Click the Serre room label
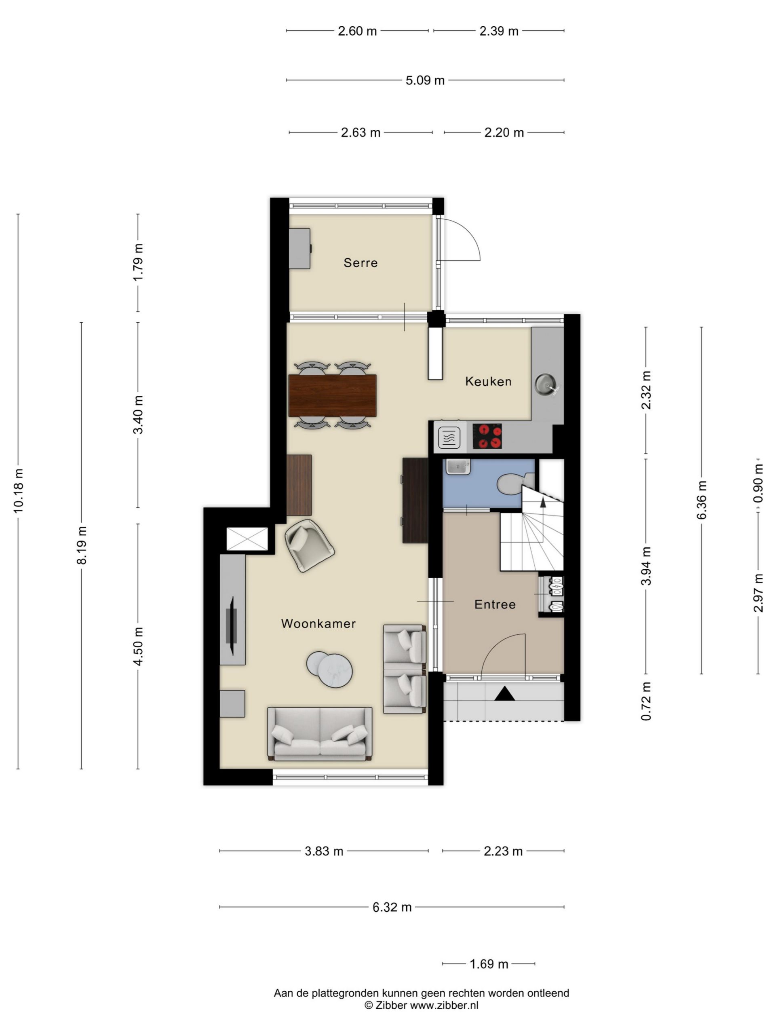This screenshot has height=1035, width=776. (x=360, y=262)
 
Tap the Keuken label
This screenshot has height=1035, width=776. (x=488, y=381)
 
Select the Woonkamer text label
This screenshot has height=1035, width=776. (x=318, y=623)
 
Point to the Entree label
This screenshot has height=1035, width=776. (x=495, y=604)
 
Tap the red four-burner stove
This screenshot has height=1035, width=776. (x=487, y=436)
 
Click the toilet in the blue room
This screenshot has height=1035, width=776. (x=515, y=484)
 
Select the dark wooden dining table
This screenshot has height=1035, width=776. (x=332, y=395)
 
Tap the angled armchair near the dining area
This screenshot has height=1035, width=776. (x=309, y=545)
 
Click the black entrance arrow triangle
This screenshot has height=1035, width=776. (x=505, y=693)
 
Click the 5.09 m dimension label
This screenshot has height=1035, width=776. (x=425, y=80)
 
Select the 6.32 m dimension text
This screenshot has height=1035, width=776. (x=392, y=907)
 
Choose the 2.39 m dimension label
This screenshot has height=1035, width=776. (x=499, y=31)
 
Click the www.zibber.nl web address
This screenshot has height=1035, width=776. (x=444, y=1005)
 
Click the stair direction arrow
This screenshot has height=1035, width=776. (x=543, y=503)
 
